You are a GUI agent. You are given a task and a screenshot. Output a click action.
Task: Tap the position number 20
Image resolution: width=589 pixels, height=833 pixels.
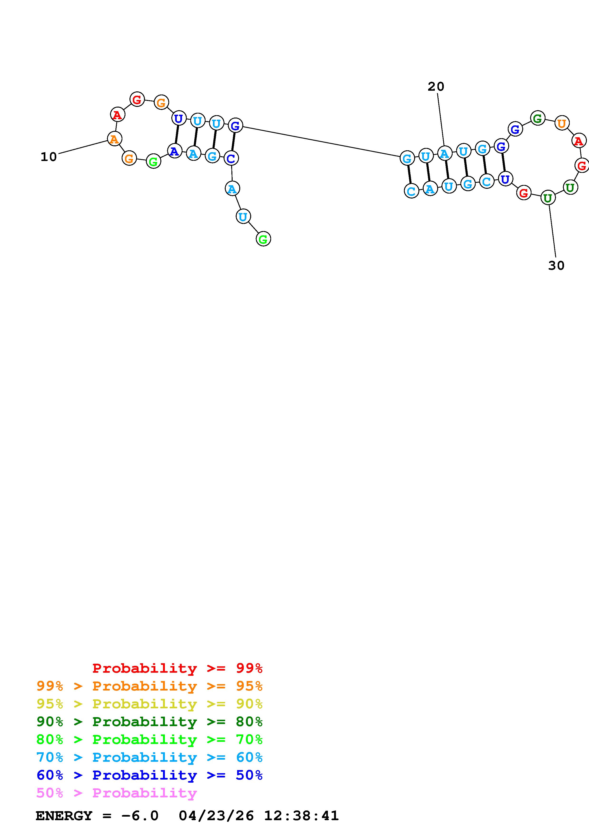pos(436,86)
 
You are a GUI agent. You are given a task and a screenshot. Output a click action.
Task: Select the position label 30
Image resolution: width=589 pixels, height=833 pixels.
pos(556,265)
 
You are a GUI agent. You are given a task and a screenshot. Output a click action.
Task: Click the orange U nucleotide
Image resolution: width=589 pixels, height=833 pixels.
pos(561,123)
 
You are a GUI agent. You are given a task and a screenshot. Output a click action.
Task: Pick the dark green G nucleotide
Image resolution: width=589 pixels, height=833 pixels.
pos(537,118)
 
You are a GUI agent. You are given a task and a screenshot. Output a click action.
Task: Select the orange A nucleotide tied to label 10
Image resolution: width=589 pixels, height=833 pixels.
pos(114,139)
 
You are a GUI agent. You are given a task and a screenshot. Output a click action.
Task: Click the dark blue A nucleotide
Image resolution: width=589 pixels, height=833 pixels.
pos(175,151)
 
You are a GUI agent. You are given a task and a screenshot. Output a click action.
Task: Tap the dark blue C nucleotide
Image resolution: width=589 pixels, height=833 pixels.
pos(231,158)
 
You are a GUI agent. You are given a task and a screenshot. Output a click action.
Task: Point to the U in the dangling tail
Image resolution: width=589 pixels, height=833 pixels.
pos(243,217)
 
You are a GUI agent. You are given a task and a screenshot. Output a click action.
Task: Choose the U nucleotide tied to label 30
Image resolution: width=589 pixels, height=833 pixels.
pos(548,198)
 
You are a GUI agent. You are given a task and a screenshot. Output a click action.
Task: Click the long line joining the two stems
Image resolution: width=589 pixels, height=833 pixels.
pos(321,142)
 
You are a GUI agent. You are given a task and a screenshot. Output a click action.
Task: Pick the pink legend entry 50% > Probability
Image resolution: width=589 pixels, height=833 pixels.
pos(116,793)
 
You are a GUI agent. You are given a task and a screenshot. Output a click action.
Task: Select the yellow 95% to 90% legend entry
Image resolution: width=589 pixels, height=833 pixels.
pos(149,704)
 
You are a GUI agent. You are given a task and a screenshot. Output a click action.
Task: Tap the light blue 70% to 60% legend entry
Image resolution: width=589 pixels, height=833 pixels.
pos(149,757)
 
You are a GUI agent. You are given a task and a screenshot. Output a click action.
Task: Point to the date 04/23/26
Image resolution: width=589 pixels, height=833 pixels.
pos(216,816)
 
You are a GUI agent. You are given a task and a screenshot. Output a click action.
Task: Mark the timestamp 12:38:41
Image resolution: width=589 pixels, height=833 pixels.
pos(301,816)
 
